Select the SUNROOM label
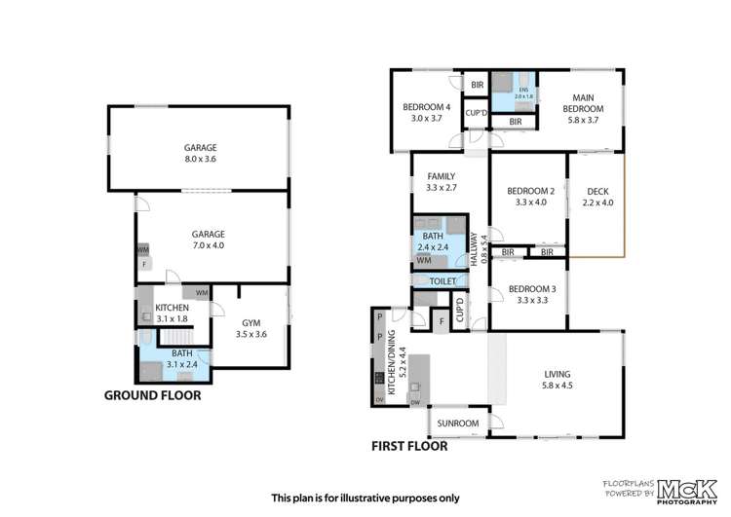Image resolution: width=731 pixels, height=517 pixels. coord(457,424)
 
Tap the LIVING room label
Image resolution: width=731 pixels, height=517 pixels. coord(558,375)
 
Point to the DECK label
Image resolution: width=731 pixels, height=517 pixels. coord(596,191)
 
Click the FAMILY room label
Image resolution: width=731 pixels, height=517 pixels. coord(442,176)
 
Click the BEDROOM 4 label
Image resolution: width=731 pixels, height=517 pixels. coord(429,107)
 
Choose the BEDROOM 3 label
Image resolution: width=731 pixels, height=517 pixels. coord(532,289)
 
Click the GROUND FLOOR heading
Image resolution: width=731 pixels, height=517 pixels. coord(153,395)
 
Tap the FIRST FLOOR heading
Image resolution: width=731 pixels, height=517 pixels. coord(408,447)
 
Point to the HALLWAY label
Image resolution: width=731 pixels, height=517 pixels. coord(475,250)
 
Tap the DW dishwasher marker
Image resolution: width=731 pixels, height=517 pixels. coord(415,402)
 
